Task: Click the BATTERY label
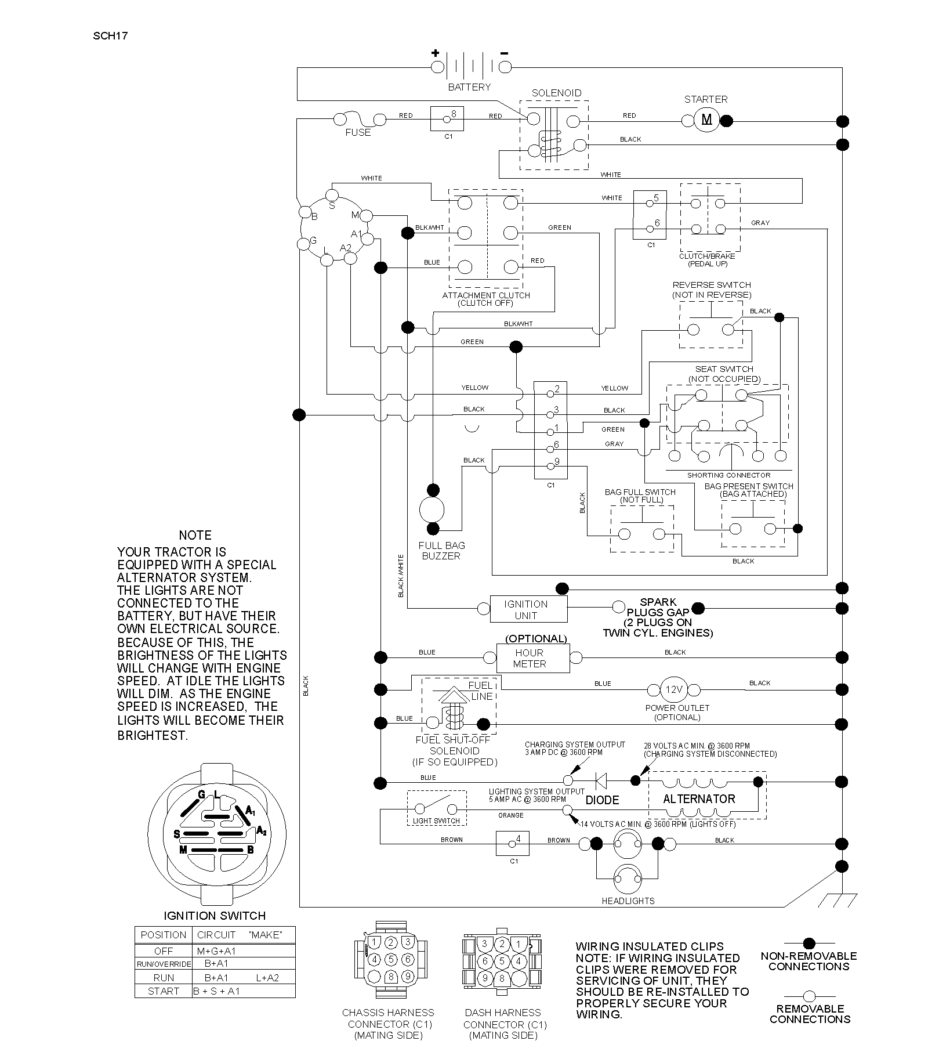click(x=469, y=87)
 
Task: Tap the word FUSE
click(x=358, y=132)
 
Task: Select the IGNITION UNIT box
click(x=528, y=609)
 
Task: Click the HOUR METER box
click(x=533, y=658)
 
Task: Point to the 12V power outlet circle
click(x=674, y=689)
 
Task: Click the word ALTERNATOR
click(x=699, y=799)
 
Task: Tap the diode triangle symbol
click(x=601, y=781)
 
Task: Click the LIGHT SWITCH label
click(x=436, y=821)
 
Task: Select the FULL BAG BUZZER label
click(x=442, y=551)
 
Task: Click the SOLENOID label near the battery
click(x=556, y=93)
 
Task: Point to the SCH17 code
click(x=110, y=36)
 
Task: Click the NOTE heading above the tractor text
click(x=195, y=535)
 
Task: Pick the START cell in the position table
click(x=164, y=991)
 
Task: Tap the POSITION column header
click(x=164, y=935)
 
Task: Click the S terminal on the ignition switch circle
click(x=332, y=194)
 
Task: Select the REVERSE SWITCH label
click(x=712, y=285)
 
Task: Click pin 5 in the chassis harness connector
click(x=391, y=959)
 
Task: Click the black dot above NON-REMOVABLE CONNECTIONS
click(x=809, y=944)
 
